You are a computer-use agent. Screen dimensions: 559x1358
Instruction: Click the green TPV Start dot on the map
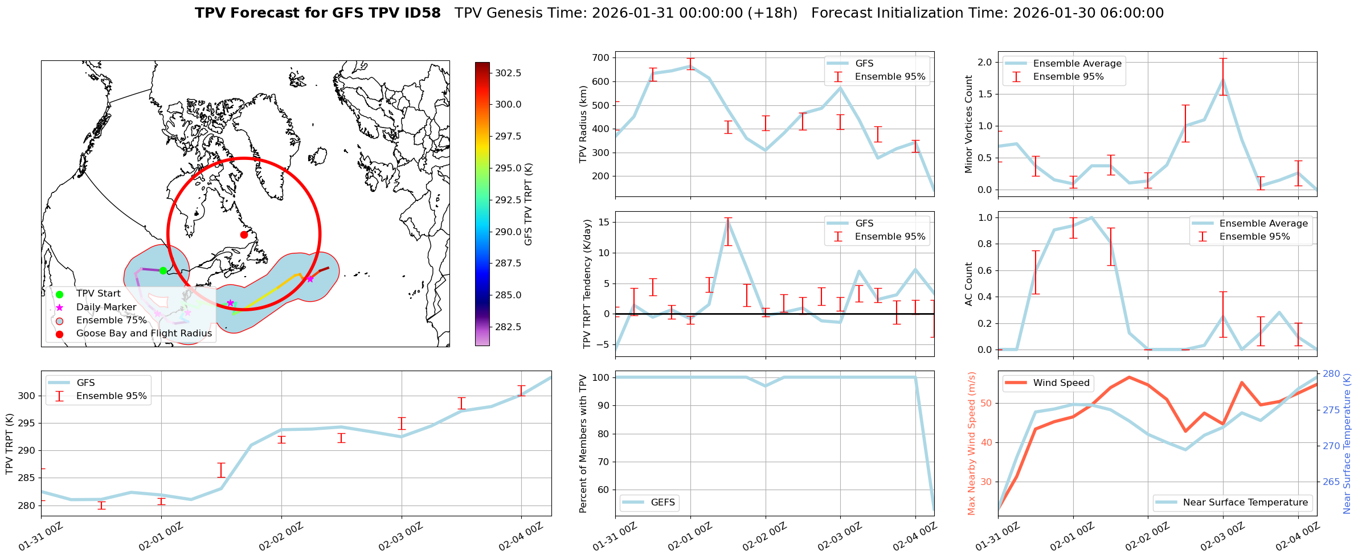tap(163, 270)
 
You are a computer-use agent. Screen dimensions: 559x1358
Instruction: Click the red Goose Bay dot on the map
tap(244, 235)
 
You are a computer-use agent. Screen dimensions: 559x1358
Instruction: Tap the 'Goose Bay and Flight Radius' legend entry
tap(144, 334)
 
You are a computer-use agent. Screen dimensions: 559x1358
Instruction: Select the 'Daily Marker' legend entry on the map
tap(106, 307)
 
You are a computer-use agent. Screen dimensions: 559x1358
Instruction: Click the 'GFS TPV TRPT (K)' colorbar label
tap(529, 204)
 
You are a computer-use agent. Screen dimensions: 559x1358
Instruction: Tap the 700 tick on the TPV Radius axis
tap(601, 57)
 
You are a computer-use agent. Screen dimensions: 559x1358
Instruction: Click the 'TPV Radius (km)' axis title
tap(583, 124)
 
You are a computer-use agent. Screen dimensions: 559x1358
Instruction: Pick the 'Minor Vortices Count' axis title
tap(969, 124)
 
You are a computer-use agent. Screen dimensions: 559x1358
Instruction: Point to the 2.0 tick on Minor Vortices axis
tap(984, 62)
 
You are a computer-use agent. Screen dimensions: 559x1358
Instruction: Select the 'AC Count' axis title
tap(969, 284)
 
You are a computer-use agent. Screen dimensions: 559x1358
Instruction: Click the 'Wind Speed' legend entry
tap(1061, 383)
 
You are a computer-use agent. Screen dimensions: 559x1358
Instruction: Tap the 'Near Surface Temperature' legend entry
tap(1245, 503)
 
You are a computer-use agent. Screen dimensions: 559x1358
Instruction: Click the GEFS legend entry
tap(662, 503)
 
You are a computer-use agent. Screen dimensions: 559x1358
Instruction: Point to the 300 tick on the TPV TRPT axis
tap(28, 396)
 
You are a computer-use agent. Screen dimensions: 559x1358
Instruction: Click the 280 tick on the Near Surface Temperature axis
tap(1331, 374)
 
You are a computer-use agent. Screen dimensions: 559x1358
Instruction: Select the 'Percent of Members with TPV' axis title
tap(583, 443)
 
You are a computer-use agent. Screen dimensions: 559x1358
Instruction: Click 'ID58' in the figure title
tap(421, 13)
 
